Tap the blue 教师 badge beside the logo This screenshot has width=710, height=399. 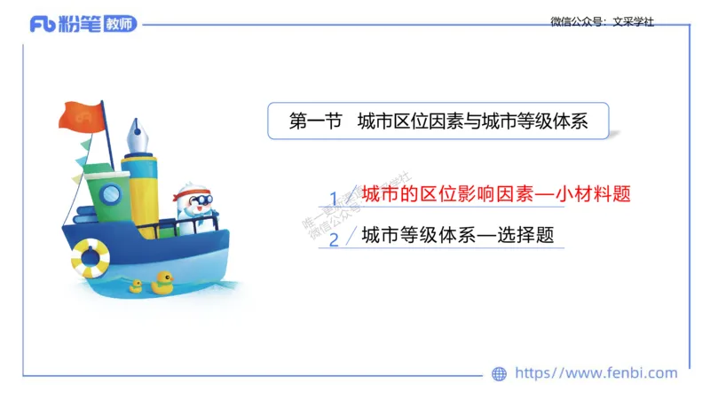[x=119, y=24]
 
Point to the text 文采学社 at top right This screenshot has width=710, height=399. [x=634, y=21]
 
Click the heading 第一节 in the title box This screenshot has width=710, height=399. [x=315, y=122]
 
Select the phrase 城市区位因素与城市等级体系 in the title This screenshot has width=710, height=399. [x=472, y=122]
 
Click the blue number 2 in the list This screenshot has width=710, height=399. [x=334, y=239]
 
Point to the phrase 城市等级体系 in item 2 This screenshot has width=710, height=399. [x=415, y=235]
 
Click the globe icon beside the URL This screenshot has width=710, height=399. [x=500, y=373]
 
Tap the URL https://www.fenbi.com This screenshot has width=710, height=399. [x=596, y=373]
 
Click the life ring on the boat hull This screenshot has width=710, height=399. [x=91, y=257]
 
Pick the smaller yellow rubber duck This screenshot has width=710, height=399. [x=136, y=286]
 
